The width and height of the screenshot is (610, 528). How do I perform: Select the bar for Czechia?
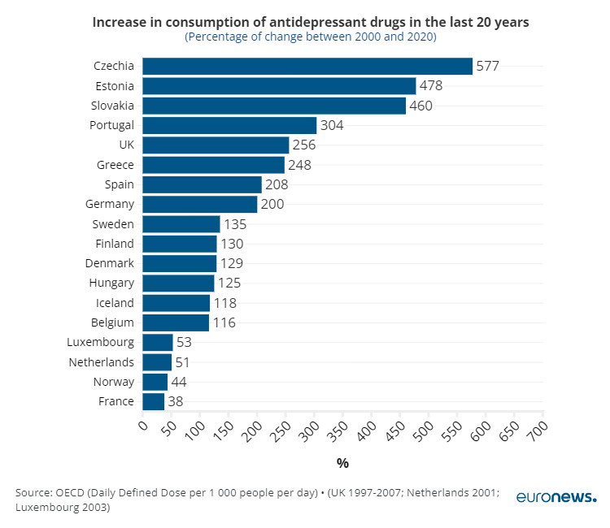tap(307, 66)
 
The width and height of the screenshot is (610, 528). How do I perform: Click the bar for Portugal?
tap(229, 125)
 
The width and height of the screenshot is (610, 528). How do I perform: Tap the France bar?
tap(154, 401)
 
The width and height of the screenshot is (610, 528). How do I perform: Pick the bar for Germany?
tap(200, 204)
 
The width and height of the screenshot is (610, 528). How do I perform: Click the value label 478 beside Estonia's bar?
tap(432, 85)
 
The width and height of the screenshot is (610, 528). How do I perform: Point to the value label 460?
tap(420, 106)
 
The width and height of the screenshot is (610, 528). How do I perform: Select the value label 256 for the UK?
tap(303, 145)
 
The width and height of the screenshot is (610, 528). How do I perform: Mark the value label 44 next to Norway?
tap(179, 382)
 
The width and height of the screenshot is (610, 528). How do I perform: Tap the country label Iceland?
tap(115, 302)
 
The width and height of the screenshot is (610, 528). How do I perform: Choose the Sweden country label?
tap(115, 223)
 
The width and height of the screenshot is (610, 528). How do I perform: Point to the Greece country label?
tap(115, 164)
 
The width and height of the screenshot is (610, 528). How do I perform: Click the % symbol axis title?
tap(342, 463)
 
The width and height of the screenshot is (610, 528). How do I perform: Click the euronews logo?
tap(556, 497)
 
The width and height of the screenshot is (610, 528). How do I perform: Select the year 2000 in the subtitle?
tap(351, 37)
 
